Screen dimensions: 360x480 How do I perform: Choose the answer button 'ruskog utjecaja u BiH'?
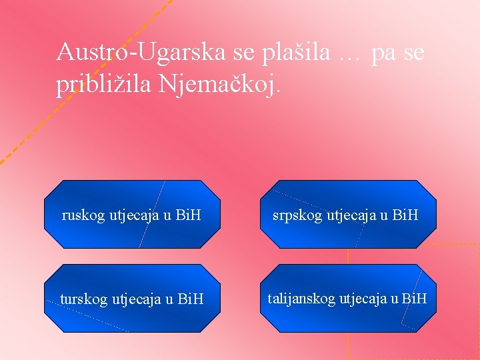coord(132,215)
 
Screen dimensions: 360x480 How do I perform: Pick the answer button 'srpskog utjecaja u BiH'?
coord(348,215)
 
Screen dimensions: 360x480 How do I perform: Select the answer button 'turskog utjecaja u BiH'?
coord(132,299)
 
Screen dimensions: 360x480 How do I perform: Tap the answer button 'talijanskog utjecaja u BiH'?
coord(348,299)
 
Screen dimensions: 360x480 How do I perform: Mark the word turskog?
coord(83,300)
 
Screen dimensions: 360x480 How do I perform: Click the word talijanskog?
coord(302,299)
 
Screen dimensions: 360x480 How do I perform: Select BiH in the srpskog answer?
coord(405,215)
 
